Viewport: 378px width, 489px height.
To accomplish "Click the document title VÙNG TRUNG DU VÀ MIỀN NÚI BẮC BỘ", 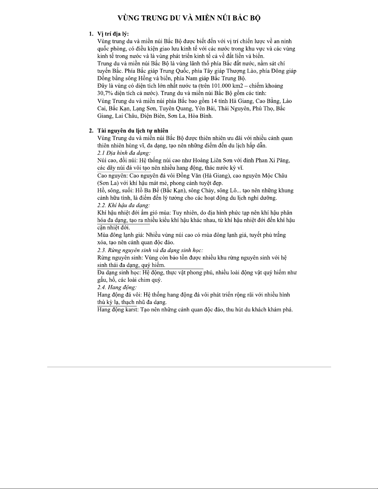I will click(x=189, y=18).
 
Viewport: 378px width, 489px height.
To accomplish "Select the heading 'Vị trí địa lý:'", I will click(x=113, y=34).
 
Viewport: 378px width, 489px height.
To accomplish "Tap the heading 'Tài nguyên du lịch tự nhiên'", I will click(x=133, y=131).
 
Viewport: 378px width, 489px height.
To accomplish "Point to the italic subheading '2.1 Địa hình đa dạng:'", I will click(x=124, y=153).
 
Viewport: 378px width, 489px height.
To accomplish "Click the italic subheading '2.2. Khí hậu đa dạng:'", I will click(x=123, y=205).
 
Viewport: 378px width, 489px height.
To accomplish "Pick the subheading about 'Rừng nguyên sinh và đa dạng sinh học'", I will click(x=150, y=250).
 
